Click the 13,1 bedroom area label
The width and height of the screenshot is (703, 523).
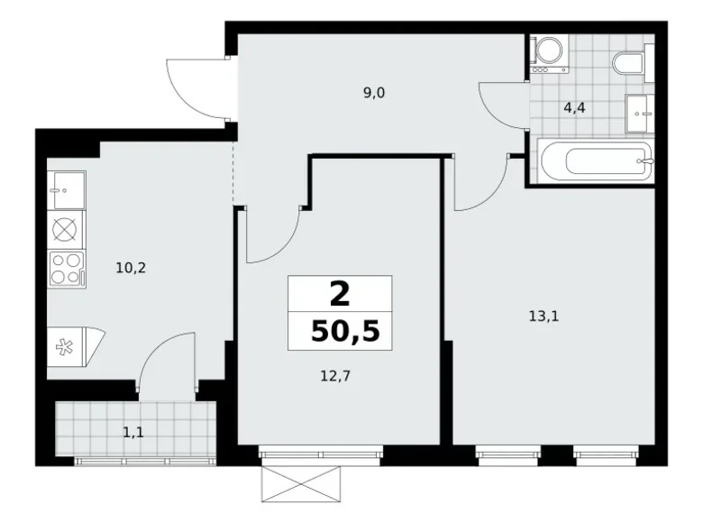pyautogui.click(x=543, y=316)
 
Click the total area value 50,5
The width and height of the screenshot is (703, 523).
pyautogui.click(x=343, y=331)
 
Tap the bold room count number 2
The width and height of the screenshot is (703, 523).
pyautogui.click(x=341, y=294)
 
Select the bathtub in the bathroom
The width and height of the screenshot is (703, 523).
pyautogui.click(x=595, y=162)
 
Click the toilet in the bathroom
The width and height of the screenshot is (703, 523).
pyautogui.click(x=627, y=62)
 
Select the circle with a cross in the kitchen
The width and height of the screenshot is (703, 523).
pyautogui.click(x=67, y=228)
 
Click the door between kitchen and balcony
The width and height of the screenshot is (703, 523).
pyautogui.click(x=167, y=361)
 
